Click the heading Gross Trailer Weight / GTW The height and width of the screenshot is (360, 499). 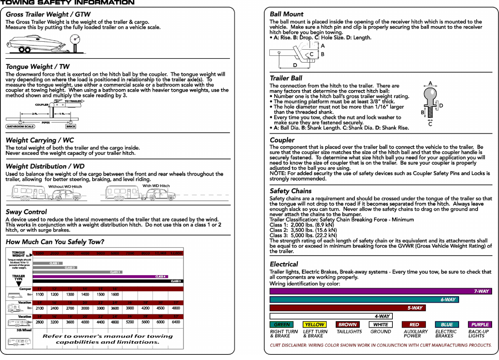coord(48,14)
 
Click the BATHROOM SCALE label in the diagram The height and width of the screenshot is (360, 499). coord(20,127)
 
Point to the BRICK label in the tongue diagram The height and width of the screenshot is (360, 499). coord(71,127)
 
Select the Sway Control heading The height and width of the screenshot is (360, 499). coord(26,212)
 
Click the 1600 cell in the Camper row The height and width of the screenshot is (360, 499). coord(115,295)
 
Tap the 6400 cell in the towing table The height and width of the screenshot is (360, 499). coord(176,322)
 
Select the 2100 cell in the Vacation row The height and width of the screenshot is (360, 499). coord(40,308)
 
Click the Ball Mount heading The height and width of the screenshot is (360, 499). coord(287,14)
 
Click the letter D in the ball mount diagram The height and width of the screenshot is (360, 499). coord(295,65)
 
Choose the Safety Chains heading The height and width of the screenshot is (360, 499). coord(290,191)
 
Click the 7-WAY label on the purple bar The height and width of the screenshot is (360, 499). coord(481,291)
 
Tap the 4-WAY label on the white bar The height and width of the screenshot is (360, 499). coord(382,316)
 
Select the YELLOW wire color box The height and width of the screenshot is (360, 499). coord(315,324)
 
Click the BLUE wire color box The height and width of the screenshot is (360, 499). coord(447,324)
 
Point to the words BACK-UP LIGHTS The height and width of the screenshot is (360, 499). coord(478,334)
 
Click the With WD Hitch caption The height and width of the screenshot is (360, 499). coord(156,186)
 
